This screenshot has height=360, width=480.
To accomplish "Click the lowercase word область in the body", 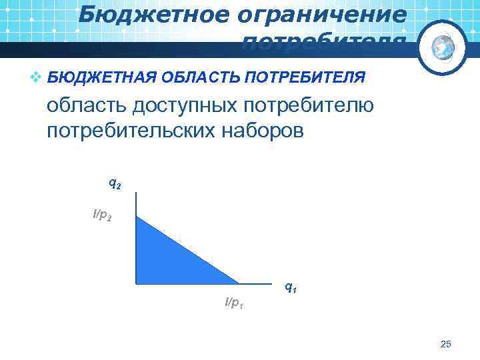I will [86, 105].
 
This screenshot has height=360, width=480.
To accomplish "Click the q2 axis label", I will [115, 183].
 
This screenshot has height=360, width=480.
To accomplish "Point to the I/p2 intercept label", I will [103, 215].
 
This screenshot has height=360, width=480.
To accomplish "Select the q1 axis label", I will [291, 287].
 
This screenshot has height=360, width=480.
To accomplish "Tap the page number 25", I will [446, 344].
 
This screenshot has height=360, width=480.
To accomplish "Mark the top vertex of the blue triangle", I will [136, 216].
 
